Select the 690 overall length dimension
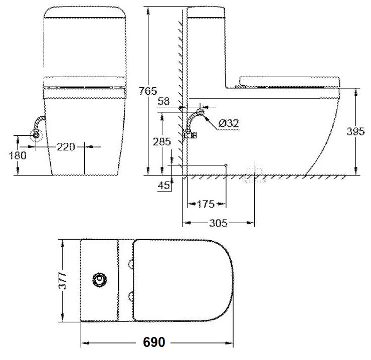[x=154, y=343]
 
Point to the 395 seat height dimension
[x=356, y=132]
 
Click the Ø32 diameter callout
[x=229, y=123]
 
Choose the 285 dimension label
[x=162, y=142]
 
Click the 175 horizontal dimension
[x=206, y=204]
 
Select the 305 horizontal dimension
[x=217, y=223]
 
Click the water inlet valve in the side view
[x=191, y=134]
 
